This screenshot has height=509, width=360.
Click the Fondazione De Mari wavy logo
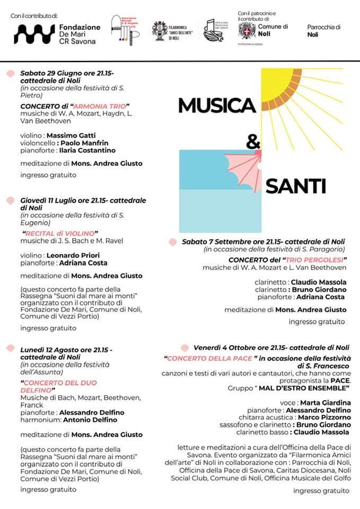coord(33,33)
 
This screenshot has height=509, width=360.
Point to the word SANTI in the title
coord(295,186)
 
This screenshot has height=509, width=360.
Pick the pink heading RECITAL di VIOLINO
coord(60,233)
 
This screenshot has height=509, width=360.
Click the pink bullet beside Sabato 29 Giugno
coord(10,73)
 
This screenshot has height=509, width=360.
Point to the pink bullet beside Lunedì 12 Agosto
coord(10,349)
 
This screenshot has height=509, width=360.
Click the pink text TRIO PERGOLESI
coord(314,260)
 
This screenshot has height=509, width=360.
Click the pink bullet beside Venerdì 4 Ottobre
coord(185,348)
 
